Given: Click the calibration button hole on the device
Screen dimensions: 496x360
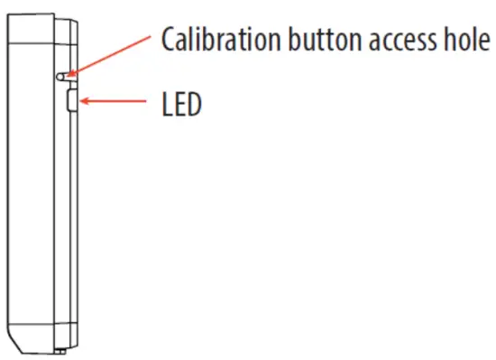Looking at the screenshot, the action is click(x=64, y=78).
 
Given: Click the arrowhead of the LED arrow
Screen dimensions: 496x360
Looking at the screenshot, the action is click(x=83, y=102).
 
